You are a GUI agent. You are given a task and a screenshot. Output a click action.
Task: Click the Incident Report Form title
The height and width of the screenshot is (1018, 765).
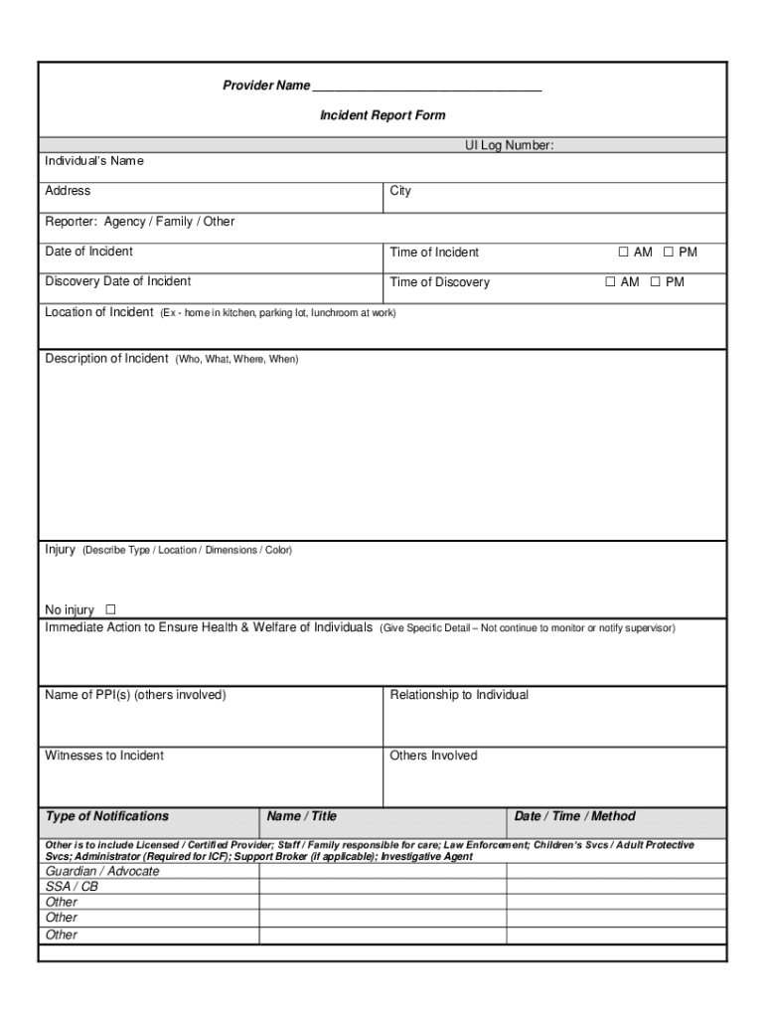(382, 115)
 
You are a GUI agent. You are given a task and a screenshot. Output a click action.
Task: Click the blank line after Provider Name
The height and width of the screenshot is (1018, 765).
(427, 86)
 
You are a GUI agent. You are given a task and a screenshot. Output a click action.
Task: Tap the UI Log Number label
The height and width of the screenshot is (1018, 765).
(509, 146)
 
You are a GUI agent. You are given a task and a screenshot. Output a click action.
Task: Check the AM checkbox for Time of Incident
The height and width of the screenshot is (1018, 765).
(624, 253)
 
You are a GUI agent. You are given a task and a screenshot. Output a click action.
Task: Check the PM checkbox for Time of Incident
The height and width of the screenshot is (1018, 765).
(669, 253)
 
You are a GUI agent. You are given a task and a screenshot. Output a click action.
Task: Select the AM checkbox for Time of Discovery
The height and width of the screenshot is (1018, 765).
(611, 282)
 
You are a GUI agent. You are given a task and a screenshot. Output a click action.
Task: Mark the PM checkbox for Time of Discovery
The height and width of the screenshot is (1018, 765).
(656, 282)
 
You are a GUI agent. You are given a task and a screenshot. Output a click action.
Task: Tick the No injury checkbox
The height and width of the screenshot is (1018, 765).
(110, 609)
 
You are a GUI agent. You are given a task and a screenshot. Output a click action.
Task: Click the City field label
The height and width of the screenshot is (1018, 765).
(400, 191)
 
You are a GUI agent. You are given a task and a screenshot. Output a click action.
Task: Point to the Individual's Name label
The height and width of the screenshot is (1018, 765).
(94, 160)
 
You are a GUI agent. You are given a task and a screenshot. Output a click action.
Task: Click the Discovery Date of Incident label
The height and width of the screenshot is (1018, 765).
(118, 281)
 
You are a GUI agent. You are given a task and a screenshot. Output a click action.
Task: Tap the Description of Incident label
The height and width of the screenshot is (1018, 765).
(106, 359)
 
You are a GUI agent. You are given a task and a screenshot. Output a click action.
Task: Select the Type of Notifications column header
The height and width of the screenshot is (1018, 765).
(107, 816)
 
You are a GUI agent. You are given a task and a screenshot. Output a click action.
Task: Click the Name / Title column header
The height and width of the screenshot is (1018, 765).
(302, 816)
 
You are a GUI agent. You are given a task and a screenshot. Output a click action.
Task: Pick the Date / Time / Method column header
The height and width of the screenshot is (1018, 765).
(574, 816)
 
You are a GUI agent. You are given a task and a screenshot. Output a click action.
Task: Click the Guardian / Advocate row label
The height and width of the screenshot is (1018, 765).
(102, 871)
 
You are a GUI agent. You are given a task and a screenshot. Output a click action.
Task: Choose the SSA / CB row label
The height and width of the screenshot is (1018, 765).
(72, 887)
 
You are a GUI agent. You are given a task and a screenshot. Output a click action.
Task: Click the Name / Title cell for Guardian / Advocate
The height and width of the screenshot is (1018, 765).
(382, 871)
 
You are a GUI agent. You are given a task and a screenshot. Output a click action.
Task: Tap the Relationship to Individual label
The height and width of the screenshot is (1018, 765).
(459, 695)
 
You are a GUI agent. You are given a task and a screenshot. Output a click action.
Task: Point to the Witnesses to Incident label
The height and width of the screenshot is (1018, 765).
(104, 756)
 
